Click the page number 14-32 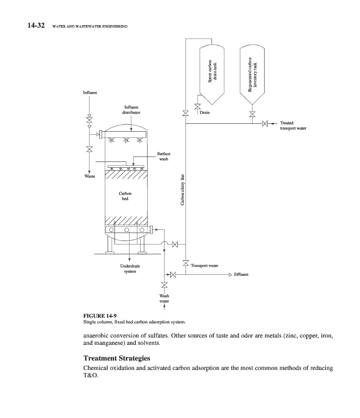(x=36, y=26)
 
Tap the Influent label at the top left (x=90, y=93)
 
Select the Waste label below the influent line (x=89, y=176)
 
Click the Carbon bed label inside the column (x=125, y=196)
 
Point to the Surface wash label (x=164, y=156)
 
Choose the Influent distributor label (x=131, y=110)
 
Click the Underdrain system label (x=130, y=269)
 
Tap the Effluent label (x=241, y=275)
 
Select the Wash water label (x=164, y=298)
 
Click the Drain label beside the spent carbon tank (x=204, y=112)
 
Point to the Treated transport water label (x=293, y=125)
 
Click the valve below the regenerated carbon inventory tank (x=252, y=114)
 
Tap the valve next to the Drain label (x=198, y=107)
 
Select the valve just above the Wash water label (x=164, y=285)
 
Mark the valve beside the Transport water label (x=185, y=263)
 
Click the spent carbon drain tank (x=212, y=74)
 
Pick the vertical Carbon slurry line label (x=182, y=190)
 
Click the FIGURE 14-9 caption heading (x=100, y=316)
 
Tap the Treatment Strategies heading (x=117, y=358)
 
